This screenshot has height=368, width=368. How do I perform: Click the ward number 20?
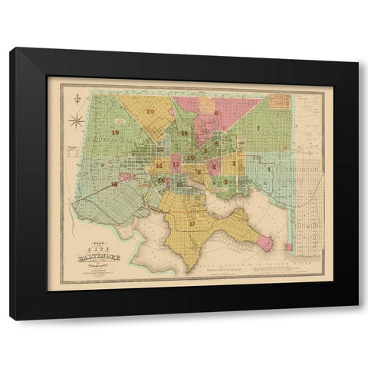[151, 112]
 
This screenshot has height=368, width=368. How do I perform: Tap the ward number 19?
[115, 133]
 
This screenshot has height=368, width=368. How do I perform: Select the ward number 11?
[184, 133]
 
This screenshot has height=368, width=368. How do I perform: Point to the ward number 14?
[159, 166]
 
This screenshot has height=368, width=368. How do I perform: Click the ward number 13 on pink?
[176, 165]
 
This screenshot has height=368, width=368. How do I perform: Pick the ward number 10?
[191, 157]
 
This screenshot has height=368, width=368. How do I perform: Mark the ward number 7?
[259, 127]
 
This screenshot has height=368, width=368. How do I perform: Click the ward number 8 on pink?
[217, 113]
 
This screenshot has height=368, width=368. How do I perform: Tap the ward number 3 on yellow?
[234, 163]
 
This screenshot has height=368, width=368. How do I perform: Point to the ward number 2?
[225, 182]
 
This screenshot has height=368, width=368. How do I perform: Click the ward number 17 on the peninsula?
[191, 224]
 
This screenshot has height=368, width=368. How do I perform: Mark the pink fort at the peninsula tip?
[266, 243]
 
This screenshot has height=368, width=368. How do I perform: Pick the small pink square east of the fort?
[289, 247]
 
